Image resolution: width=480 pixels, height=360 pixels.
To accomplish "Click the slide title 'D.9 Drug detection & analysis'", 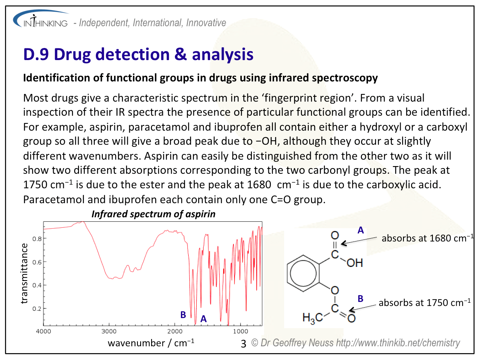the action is tap(138, 54).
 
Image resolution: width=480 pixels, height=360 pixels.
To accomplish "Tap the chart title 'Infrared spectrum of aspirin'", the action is tap(154, 214).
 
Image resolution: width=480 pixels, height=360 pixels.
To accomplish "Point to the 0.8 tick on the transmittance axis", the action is tap(37, 239).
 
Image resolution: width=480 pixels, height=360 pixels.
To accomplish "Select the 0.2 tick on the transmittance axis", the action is tap(37, 308).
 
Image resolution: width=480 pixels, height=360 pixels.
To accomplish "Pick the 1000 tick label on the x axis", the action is tap(240, 331).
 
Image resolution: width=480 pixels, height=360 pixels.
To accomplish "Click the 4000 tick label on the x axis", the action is tap(44, 331).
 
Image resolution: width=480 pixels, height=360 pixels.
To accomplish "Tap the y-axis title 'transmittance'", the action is tap(24, 273).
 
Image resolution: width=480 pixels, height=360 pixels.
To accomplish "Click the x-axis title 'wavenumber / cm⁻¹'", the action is tap(151, 343).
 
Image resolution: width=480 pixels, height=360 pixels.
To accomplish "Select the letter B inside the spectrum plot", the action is tap(183, 315).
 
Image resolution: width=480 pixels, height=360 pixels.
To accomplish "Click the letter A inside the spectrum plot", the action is tap(204, 319).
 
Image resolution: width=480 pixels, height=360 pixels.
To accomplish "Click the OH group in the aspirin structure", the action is tap(355, 263).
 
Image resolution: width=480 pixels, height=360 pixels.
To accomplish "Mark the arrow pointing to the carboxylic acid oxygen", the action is tap(359, 241).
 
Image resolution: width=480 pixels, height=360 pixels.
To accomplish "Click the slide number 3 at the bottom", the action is tap(243, 344).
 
